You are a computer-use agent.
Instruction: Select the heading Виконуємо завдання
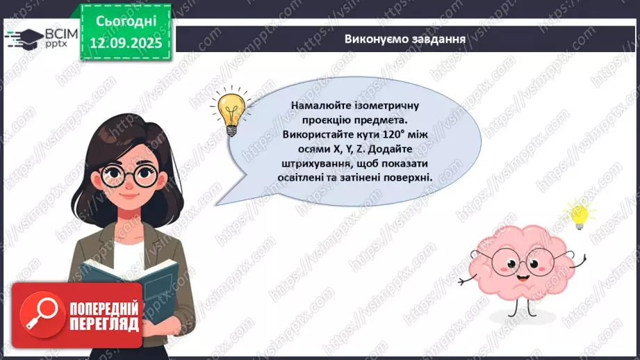click(x=404, y=38)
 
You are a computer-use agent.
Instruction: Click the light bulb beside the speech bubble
click(x=229, y=111)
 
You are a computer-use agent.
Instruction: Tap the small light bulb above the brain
click(x=578, y=215)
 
